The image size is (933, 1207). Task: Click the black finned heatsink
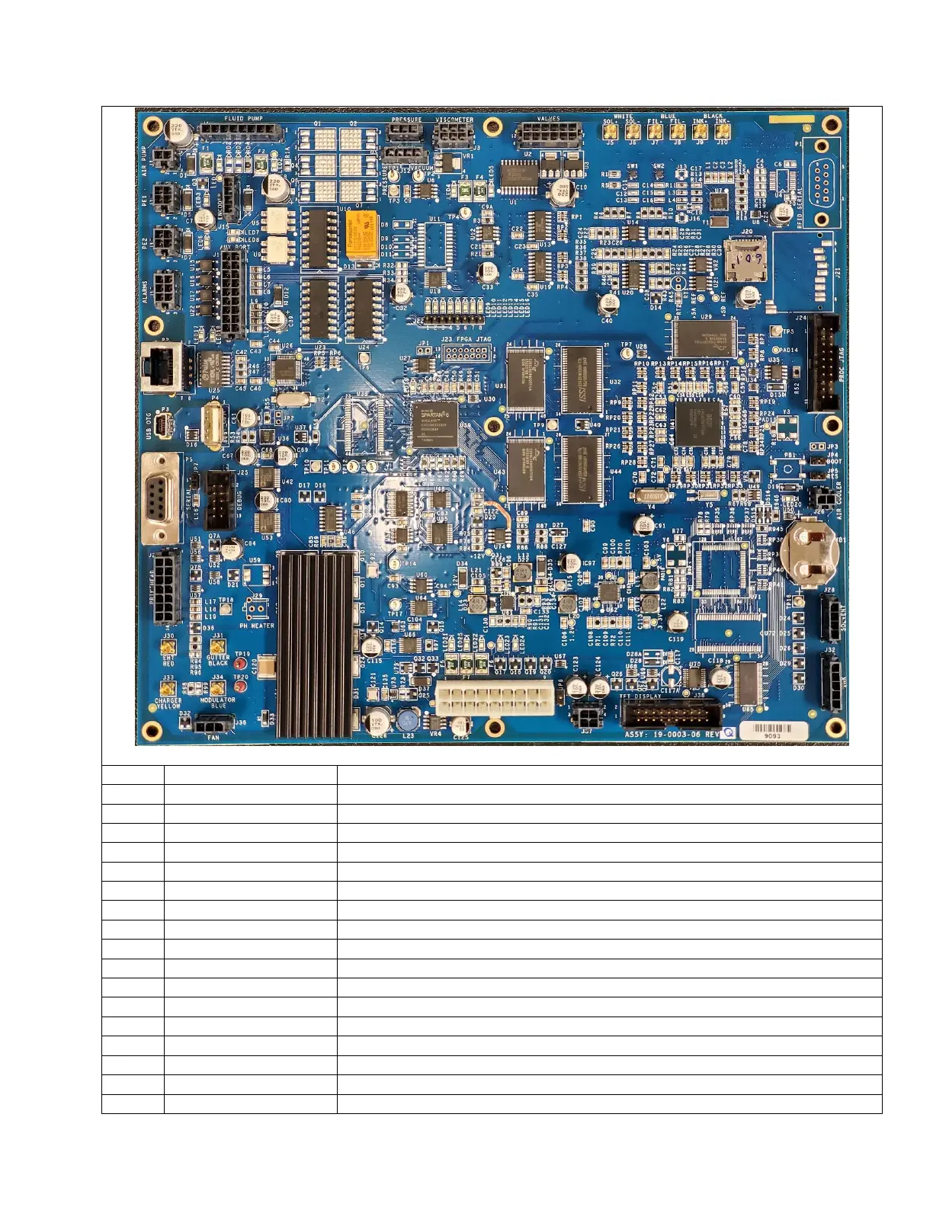(316, 643)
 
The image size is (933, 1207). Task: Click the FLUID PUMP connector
(241, 135)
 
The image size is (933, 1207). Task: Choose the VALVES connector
(547, 136)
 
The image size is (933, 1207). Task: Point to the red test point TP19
(242, 664)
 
